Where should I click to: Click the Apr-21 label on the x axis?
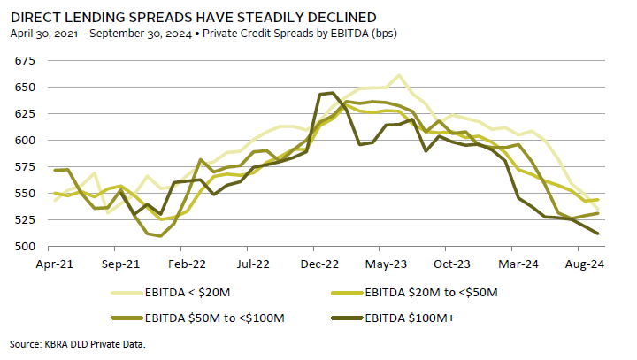pos(54,264)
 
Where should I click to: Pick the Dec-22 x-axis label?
pos(319,264)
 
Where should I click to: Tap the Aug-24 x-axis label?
pos(585,264)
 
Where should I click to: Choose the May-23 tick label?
pos(386,264)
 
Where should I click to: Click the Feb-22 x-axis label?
pos(187,264)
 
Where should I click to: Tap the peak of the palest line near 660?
pos(399,75)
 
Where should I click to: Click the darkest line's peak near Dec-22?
pos(332,92)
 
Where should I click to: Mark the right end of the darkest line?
pos(598,234)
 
